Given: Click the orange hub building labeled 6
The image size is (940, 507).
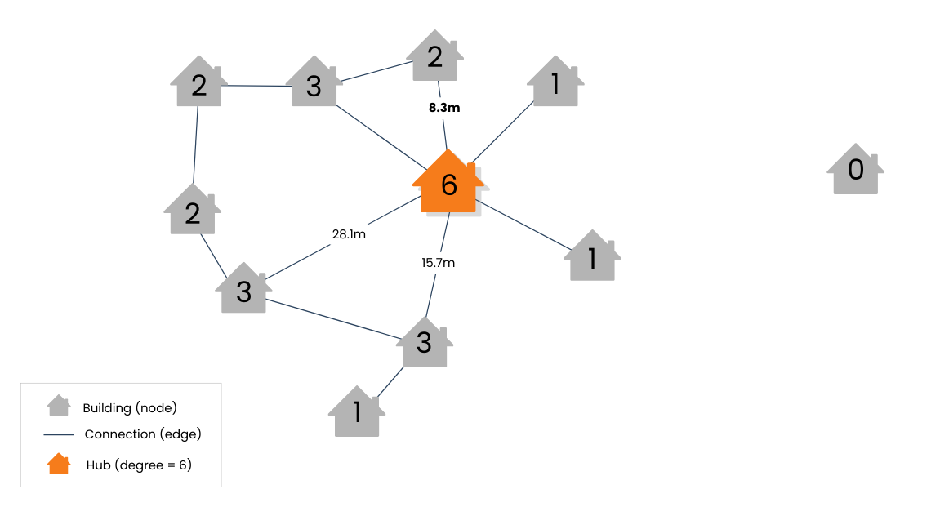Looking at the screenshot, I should pyautogui.click(x=448, y=184).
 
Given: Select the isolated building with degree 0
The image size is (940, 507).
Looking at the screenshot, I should pyautogui.click(x=855, y=170).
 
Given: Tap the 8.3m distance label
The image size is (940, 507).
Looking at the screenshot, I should pyautogui.click(x=444, y=107).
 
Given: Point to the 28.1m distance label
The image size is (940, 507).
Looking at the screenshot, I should pyautogui.click(x=349, y=234).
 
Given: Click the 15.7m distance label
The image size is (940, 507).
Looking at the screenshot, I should pyautogui.click(x=439, y=262).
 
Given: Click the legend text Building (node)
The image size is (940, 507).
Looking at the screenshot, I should pyautogui.click(x=130, y=407).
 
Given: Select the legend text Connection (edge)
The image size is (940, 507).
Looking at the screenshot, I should pyautogui.click(x=143, y=434).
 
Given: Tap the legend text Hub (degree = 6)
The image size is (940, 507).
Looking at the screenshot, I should pyautogui.click(x=139, y=465).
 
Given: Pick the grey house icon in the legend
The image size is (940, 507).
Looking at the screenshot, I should pyautogui.click(x=59, y=406).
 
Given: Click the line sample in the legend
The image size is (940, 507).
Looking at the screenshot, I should pyautogui.click(x=59, y=434).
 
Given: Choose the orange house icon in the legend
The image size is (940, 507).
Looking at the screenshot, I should pyautogui.click(x=59, y=464).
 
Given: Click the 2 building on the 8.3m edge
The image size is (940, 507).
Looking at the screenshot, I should pyautogui.click(x=434, y=57).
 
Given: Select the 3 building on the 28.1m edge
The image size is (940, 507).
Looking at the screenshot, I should pyautogui.click(x=243, y=289).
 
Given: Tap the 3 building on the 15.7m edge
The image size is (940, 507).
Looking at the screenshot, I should pyautogui.click(x=424, y=343).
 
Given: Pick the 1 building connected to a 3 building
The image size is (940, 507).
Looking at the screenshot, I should pyautogui.click(x=357, y=412).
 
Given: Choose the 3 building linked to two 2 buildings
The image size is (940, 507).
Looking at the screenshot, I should pyautogui.click(x=314, y=83).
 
